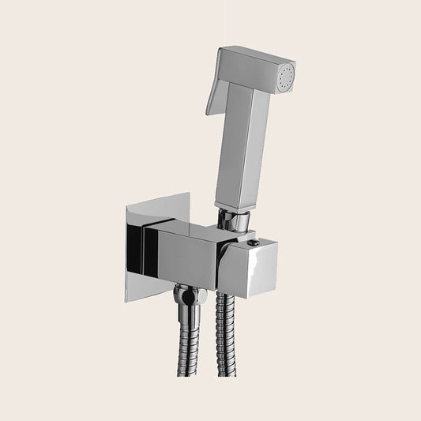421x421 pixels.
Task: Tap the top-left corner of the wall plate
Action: [126, 209]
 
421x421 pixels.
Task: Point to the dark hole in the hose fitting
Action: [186, 299]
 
